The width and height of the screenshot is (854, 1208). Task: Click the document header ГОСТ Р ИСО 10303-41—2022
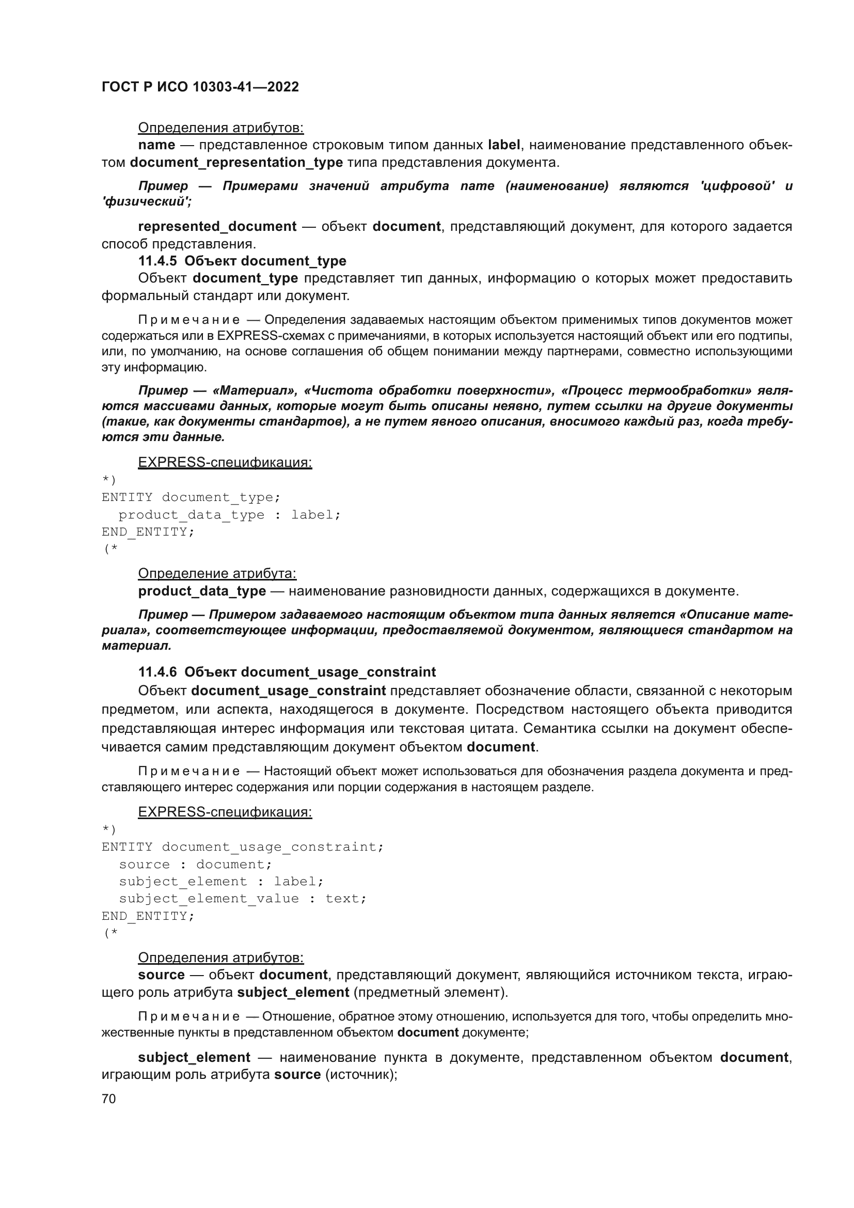point(200,87)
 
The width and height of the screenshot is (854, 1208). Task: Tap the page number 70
point(108,1099)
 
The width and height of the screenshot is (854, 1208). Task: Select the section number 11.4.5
point(157,261)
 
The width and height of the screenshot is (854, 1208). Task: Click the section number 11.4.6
point(157,672)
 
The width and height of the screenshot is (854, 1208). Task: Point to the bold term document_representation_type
point(236,162)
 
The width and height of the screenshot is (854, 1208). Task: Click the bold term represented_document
point(217,226)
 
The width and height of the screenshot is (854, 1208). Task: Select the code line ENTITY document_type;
point(191,497)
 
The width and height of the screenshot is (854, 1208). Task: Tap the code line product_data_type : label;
point(229,514)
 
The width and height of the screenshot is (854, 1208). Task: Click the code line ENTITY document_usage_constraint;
point(243,846)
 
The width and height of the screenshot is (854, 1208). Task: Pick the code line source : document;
point(195,864)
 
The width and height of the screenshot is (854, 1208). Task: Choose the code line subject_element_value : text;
point(243,898)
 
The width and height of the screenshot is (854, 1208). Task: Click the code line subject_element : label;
point(221,881)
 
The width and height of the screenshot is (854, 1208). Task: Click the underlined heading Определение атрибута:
point(217,573)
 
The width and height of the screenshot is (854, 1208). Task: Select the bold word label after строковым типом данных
point(504,145)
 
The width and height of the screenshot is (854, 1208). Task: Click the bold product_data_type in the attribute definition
point(201,591)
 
